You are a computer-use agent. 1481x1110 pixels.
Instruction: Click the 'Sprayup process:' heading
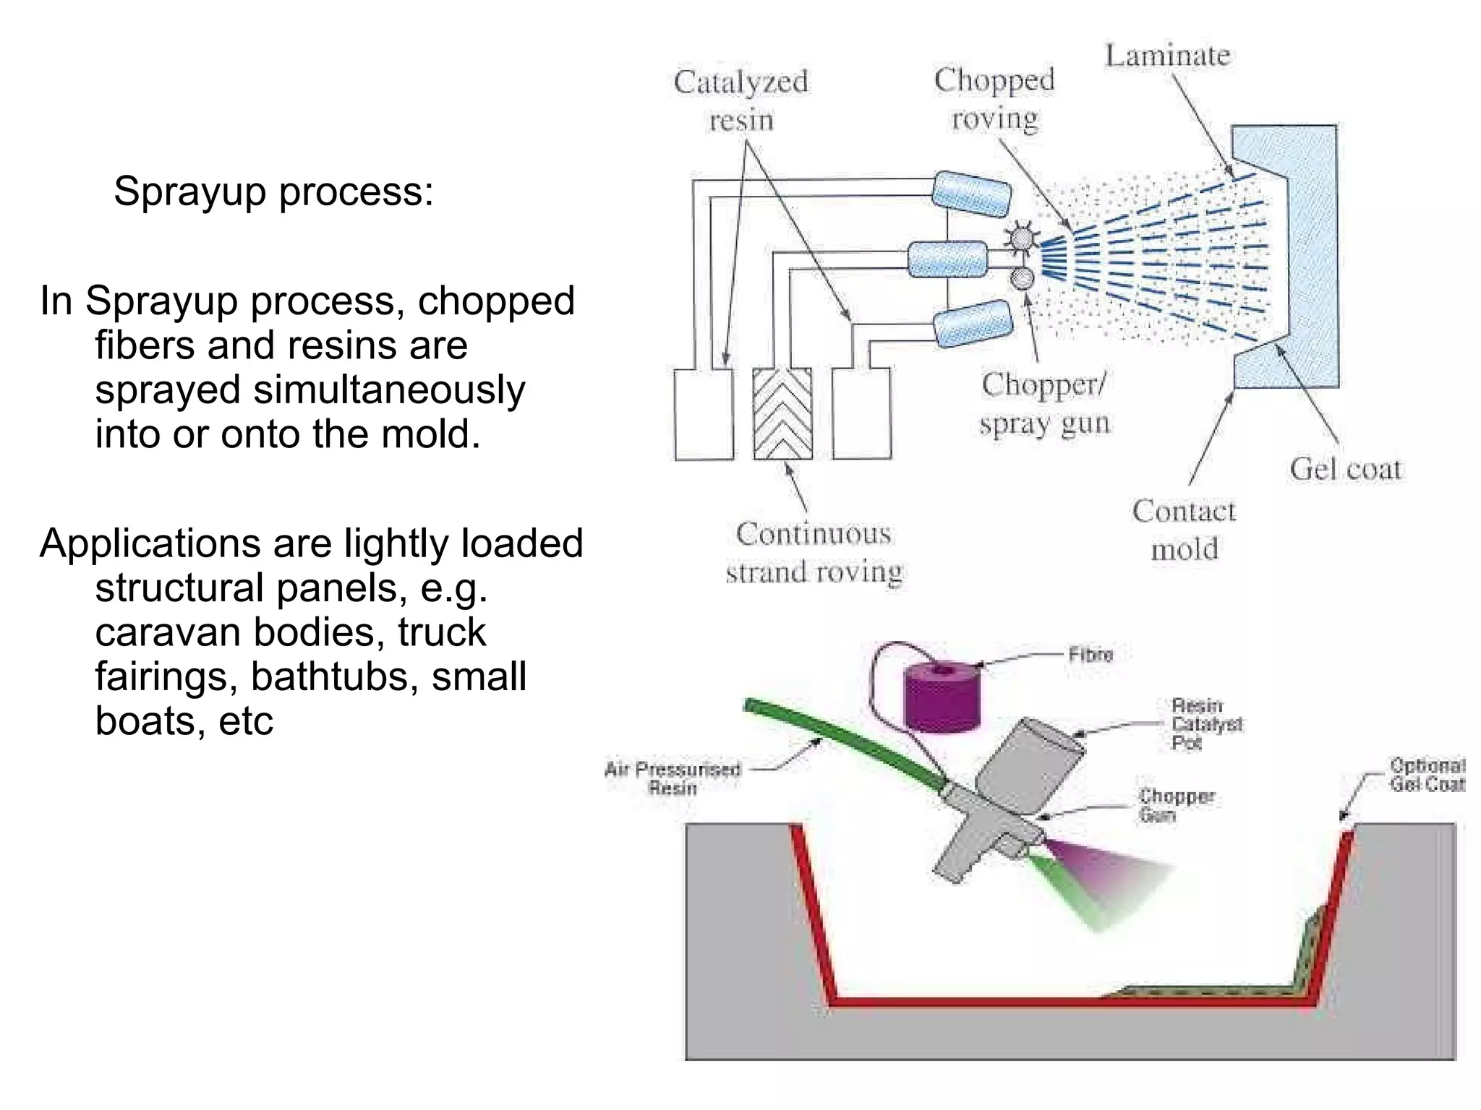click(273, 192)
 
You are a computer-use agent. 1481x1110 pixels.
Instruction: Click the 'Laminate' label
click(1167, 56)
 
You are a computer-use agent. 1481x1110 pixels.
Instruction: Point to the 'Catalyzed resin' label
click(740, 100)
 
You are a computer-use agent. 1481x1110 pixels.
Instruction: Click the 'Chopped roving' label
click(994, 99)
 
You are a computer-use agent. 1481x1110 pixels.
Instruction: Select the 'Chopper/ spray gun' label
click(1043, 403)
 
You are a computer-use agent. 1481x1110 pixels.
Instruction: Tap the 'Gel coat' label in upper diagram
click(1345, 470)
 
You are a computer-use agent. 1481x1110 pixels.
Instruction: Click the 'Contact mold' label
click(1184, 530)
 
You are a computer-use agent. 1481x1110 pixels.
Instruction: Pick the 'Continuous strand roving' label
click(814, 553)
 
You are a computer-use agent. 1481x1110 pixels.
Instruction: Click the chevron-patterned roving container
click(782, 414)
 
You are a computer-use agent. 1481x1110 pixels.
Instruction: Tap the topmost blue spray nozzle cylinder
click(971, 193)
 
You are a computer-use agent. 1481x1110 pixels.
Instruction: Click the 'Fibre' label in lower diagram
click(1091, 655)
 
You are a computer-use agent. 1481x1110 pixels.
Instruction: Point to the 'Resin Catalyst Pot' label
click(1206, 724)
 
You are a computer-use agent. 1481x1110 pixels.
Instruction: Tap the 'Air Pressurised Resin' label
click(673, 778)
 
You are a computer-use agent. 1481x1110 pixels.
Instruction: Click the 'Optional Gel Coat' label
click(1427, 775)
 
